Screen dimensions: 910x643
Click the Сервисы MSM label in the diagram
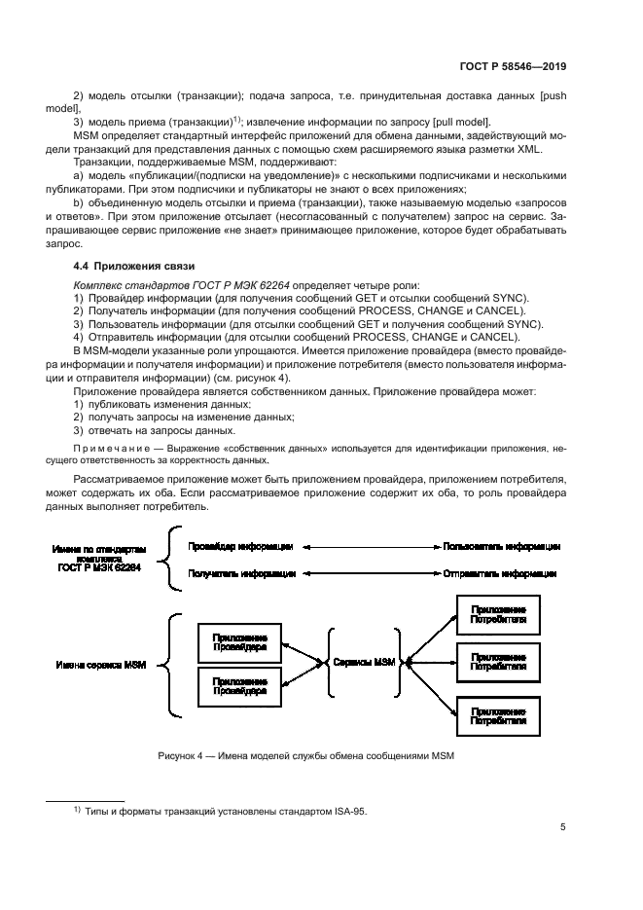click(365, 662)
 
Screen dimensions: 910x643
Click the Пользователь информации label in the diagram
click(501, 546)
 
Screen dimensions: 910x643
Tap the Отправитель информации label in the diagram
click(501, 574)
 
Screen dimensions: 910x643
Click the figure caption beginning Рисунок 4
click(304, 756)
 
